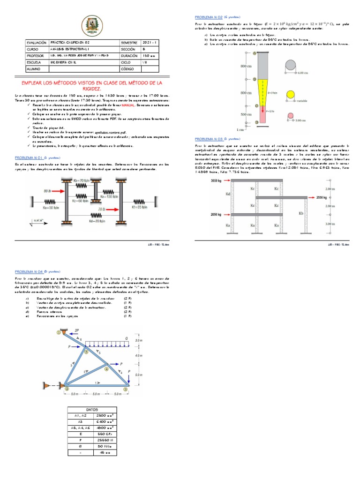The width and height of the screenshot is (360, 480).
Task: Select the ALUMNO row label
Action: point(34,68)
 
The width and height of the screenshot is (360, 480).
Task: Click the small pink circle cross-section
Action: point(290,116)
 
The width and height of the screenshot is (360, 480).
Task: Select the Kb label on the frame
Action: point(301,213)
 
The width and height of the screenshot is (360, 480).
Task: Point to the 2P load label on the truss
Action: point(76,330)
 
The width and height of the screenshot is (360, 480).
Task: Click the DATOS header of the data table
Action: point(91,409)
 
